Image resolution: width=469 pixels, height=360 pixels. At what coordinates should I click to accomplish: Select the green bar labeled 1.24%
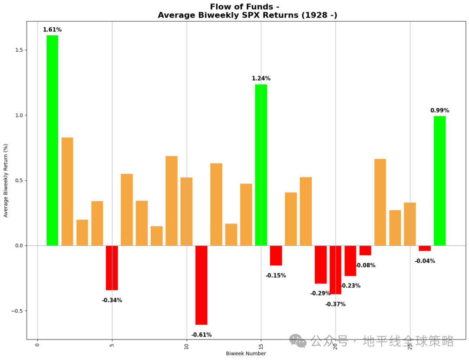tap(261, 165)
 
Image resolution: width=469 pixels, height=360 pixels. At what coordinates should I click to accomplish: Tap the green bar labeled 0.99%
tap(439, 181)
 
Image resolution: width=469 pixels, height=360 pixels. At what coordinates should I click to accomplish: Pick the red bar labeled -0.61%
tap(201, 285)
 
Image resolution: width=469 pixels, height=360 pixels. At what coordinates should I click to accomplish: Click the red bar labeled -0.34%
tap(112, 268)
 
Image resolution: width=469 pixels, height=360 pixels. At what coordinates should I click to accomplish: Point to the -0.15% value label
tap(276, 276)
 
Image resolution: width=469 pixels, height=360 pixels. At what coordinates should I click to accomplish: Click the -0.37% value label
tap(335, 304)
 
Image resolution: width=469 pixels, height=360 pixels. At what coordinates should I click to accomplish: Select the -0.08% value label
tap(365, 265)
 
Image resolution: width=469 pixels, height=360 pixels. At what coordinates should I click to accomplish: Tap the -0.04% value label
tap(425, 261)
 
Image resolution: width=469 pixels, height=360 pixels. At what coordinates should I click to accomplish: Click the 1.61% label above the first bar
tap(52, 30)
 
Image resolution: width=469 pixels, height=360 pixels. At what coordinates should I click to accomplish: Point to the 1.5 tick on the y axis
tap(18, 50)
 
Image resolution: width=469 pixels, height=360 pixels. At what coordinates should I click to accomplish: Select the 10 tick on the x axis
tap(187, 346)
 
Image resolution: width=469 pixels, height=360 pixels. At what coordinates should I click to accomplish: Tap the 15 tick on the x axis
tap(261, 346)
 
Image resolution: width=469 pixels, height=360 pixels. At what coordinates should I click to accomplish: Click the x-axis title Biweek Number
tap(246, 353)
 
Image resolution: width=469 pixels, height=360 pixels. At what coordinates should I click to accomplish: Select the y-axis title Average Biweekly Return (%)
tap(6, 180)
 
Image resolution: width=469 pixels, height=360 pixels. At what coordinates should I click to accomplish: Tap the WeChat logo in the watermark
tap(298, 341)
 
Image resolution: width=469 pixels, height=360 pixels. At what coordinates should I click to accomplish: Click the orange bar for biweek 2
tap(67, 191)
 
